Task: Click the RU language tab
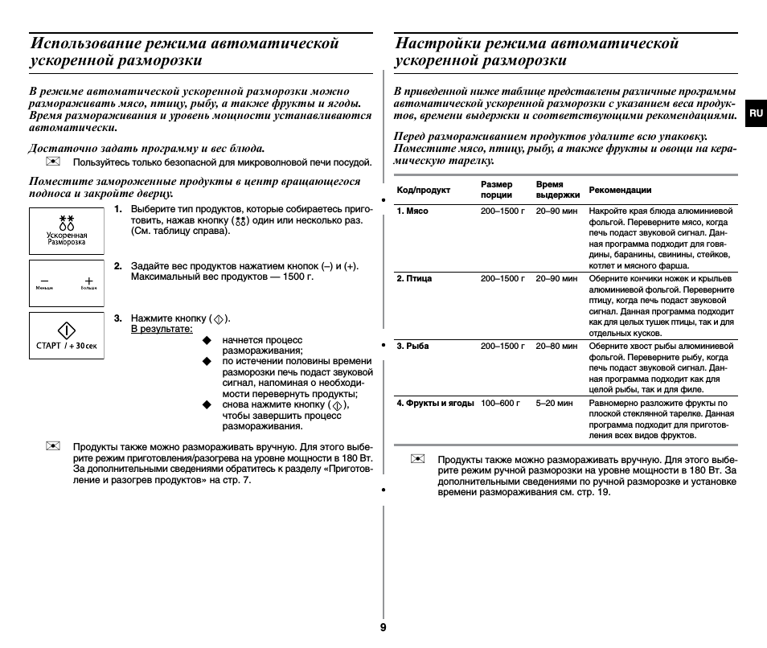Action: (755, 113)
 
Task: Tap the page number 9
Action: (383, 627)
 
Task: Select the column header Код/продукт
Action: (424, 191)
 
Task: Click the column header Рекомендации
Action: (620, 191)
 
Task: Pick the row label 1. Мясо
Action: (412, 211)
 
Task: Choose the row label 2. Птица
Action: (414, 279)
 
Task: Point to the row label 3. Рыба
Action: (412, 347)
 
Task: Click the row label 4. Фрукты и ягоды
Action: (435, 404)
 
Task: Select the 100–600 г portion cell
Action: (500, 404)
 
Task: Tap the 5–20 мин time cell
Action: (554, 404)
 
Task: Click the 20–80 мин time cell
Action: (556, 347)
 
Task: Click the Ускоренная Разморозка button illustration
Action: (67, 231)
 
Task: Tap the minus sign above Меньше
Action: (44, 281)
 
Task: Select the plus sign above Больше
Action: (88, 281)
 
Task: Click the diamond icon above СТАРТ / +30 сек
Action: (67, 330)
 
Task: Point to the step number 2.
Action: (117, 266)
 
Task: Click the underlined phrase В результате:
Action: (162, 329)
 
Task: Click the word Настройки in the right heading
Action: (437, 43)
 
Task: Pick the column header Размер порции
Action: (497, 190)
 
